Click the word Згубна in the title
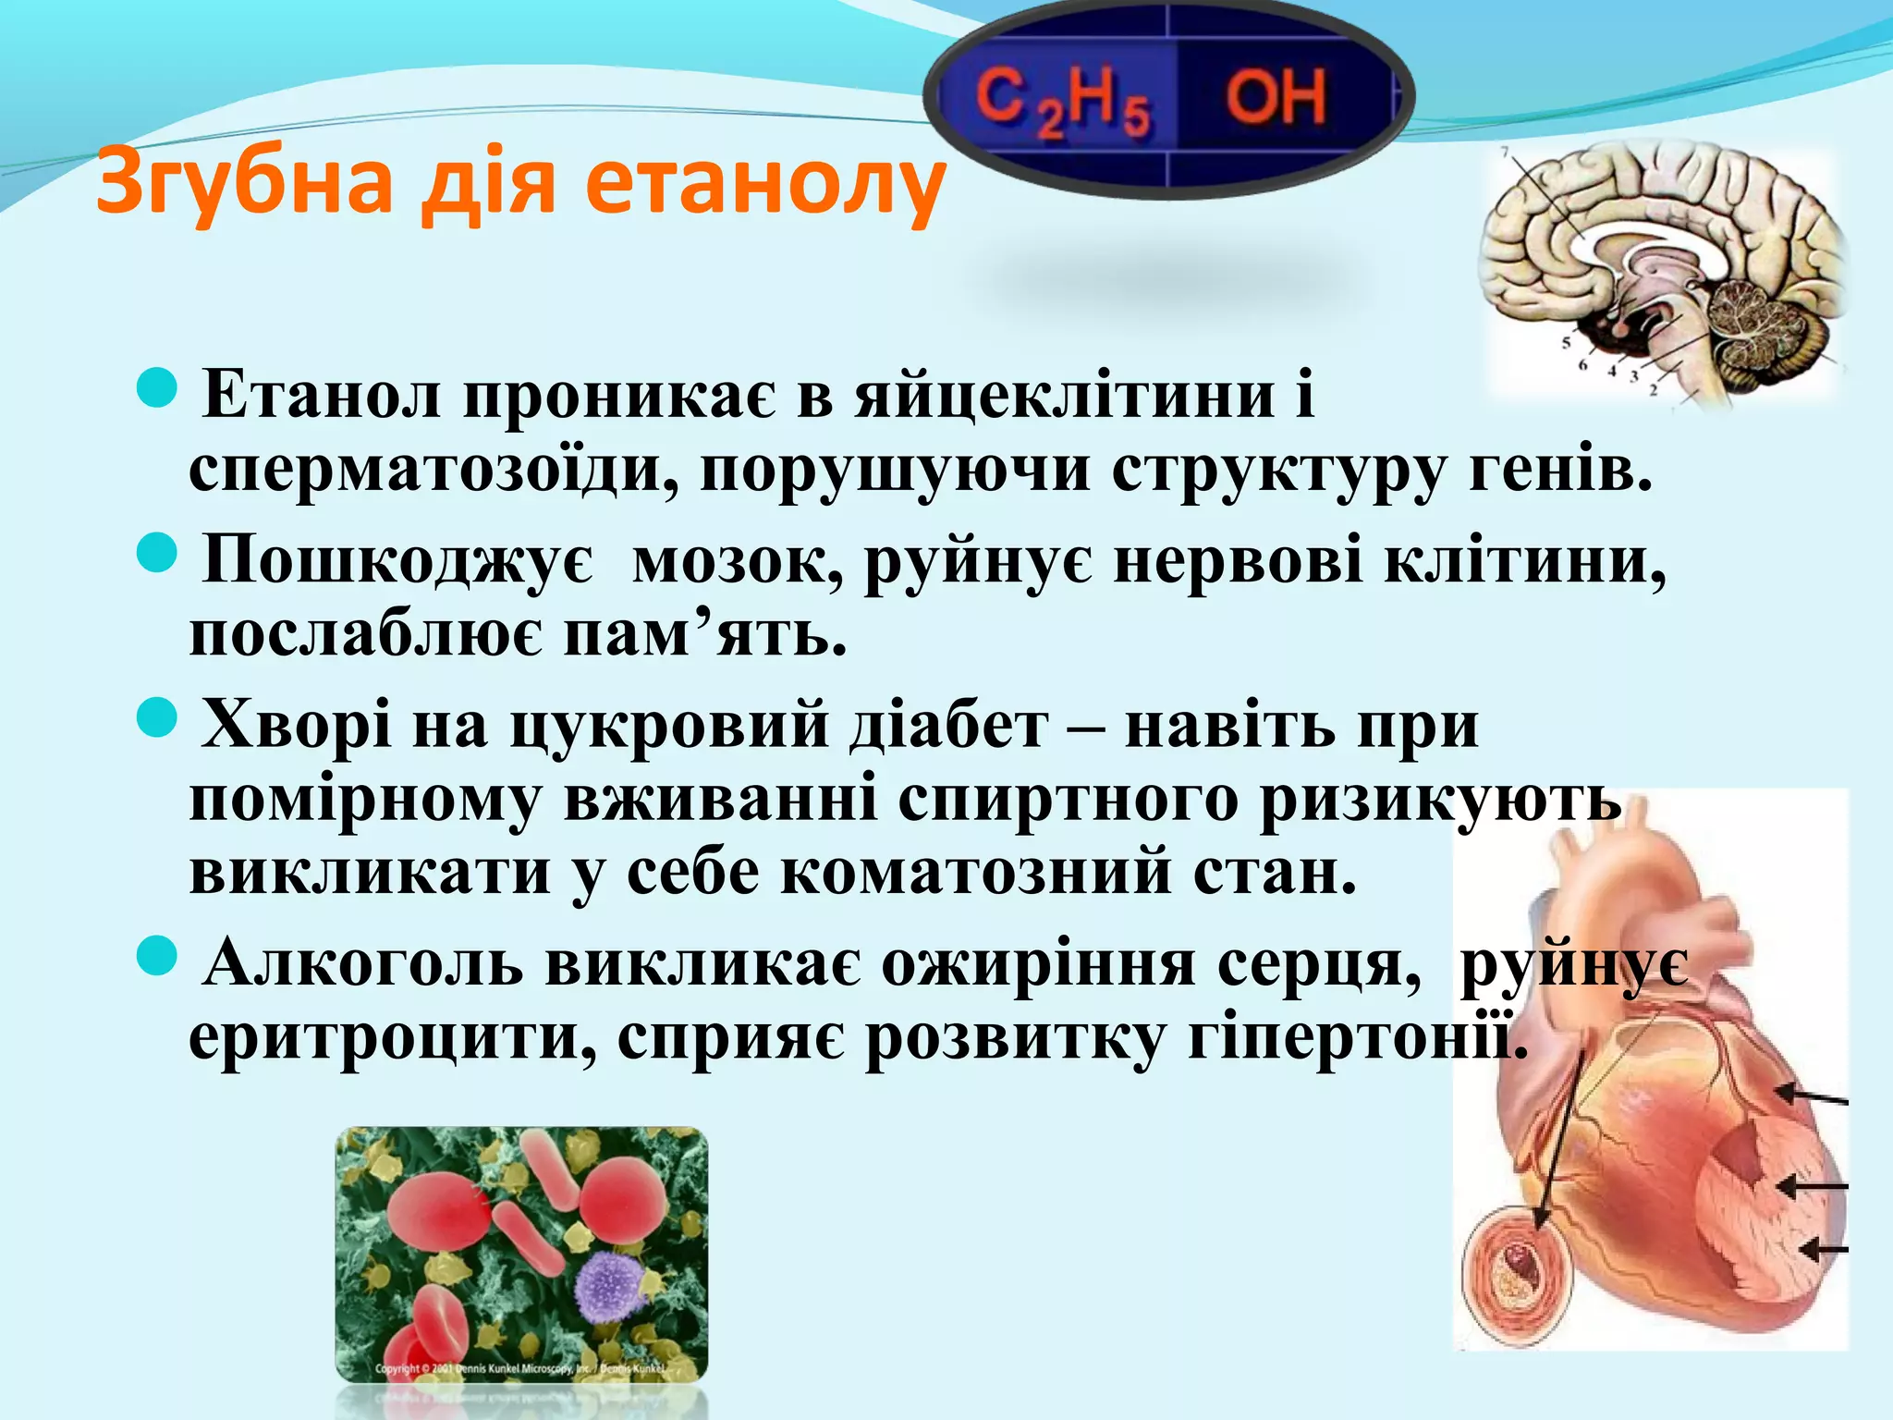(243, 180)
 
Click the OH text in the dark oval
(1276, 97)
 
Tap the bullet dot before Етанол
(156, 387)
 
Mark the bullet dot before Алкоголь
(156, 956)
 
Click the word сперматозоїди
(434, 470)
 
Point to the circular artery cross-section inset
(1517, 1276)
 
